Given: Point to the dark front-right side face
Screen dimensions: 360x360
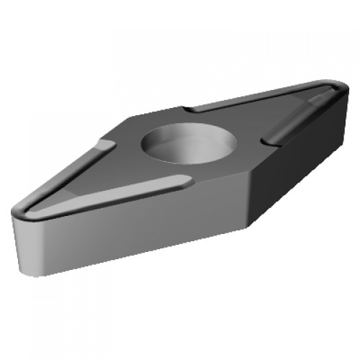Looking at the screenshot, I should pyautogui.click(x=288, y=173).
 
